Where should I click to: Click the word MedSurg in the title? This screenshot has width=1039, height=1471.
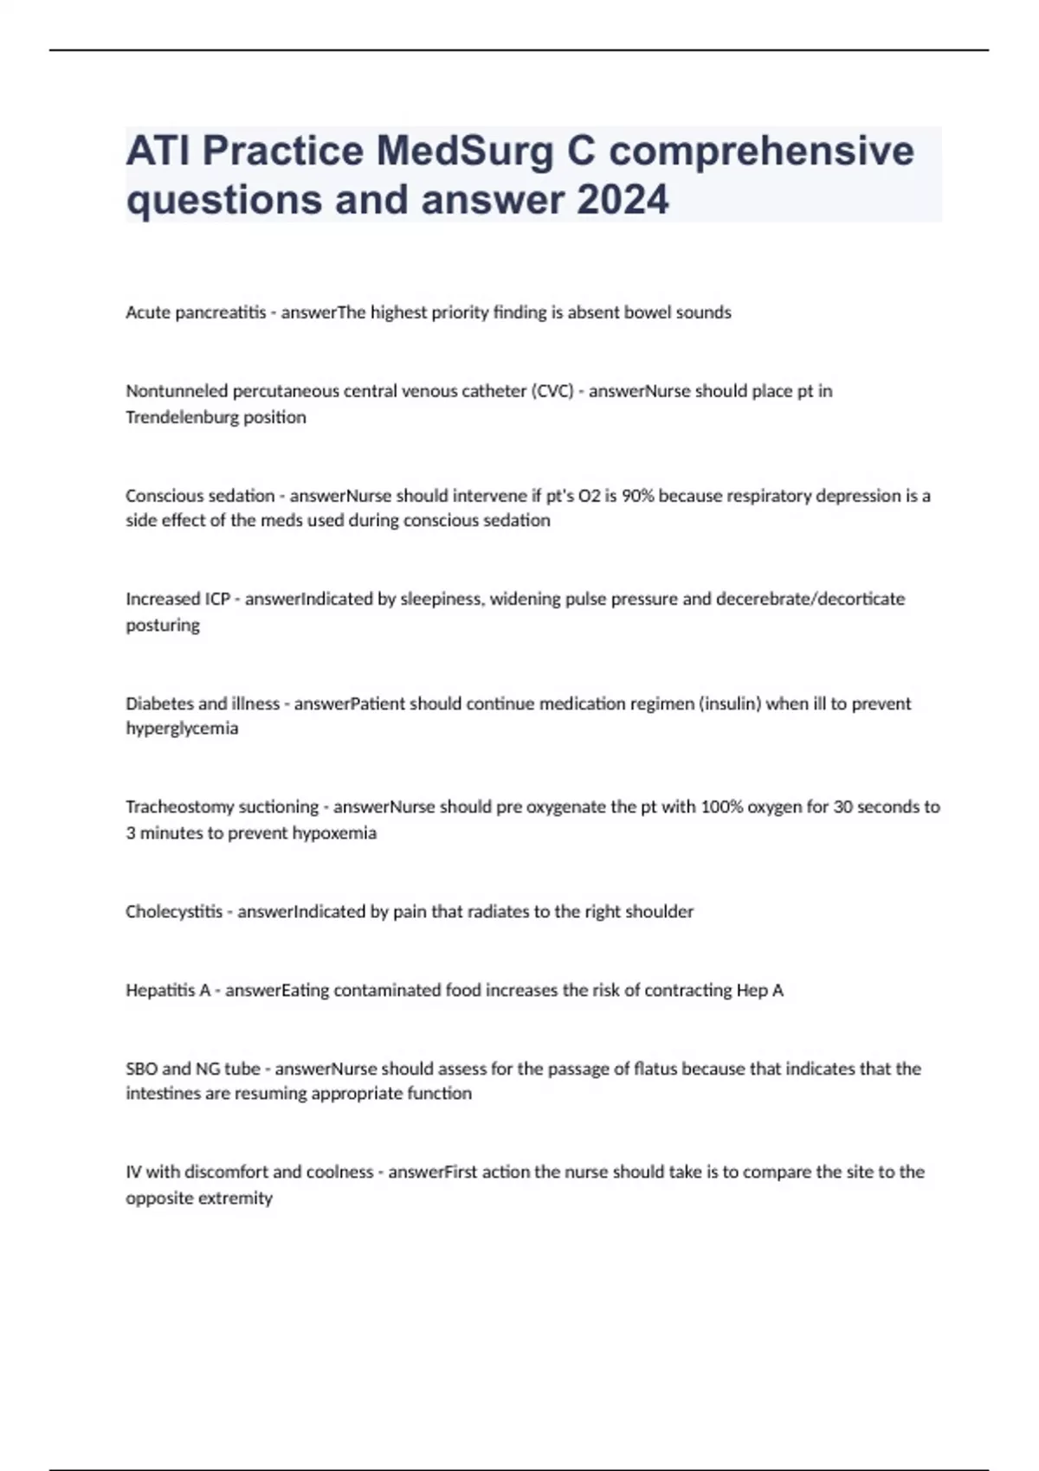[464, 151]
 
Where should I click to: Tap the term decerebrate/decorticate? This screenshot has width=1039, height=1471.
[810, 599]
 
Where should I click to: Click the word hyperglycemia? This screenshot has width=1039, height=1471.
[182, 729]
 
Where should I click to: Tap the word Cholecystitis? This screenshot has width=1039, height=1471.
[174, 912]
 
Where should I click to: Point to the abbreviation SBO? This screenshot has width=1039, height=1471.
[142, 1069]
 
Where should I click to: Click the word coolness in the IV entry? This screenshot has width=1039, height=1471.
[337, 1172]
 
